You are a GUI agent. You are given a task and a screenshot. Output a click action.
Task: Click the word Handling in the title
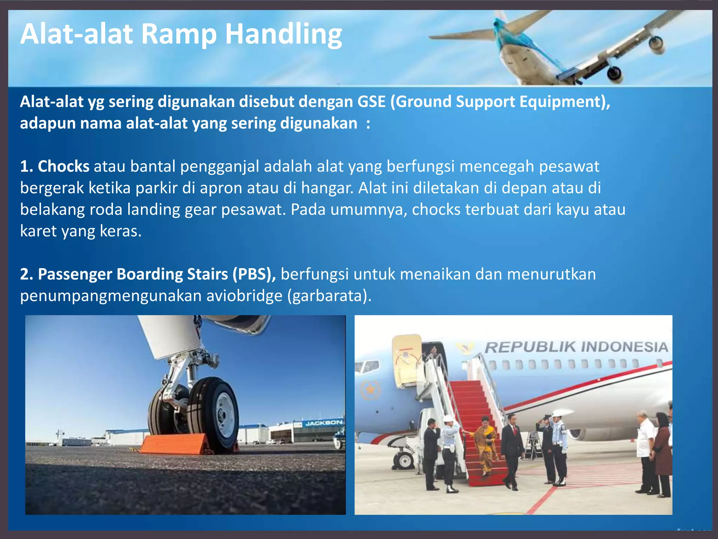283,34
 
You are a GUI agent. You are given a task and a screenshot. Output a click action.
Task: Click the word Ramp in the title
179,34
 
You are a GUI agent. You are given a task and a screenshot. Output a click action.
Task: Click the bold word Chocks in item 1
63,166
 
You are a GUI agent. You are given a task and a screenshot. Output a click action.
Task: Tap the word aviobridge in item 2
244,296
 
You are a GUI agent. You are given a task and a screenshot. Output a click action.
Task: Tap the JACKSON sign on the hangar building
323,423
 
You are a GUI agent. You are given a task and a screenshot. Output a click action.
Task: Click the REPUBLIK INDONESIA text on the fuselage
576,347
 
